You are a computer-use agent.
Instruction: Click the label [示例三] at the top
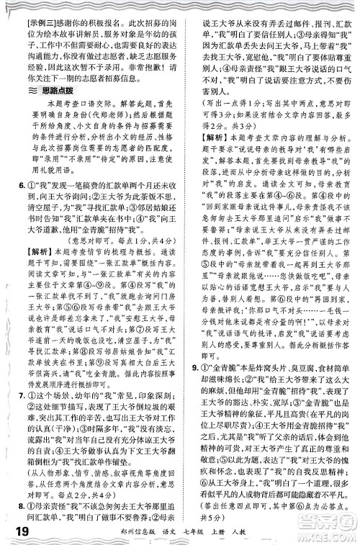pyautogui.click(x=31, y=8)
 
